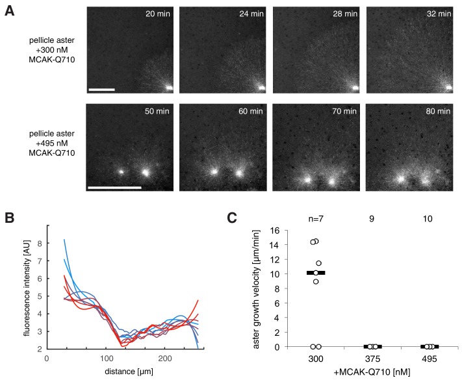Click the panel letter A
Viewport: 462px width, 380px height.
pyautogui.click(x=9, y=13)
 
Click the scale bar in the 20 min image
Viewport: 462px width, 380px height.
pyautogui.click(x=101, y=88)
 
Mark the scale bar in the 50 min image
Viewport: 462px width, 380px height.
pyautogui.click(x=114, y=188)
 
